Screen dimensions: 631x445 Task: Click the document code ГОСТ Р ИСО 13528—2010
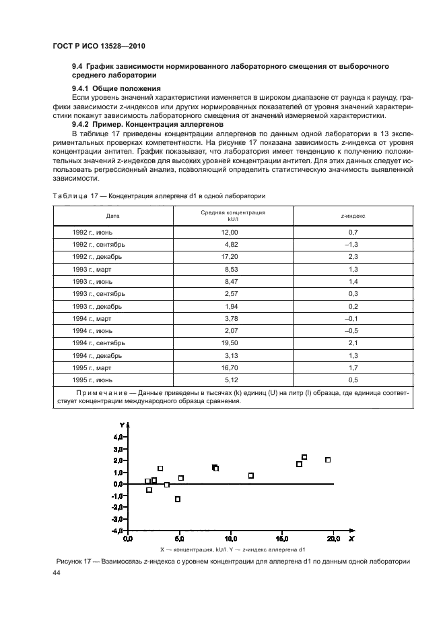99,45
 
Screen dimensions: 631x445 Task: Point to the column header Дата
113,216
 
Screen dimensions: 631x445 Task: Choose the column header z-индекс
353,216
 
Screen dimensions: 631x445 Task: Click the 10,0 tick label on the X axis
230,539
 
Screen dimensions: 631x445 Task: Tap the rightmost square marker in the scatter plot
328,460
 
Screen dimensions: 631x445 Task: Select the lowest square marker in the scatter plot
178,499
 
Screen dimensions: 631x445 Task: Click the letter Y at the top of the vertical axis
121,425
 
